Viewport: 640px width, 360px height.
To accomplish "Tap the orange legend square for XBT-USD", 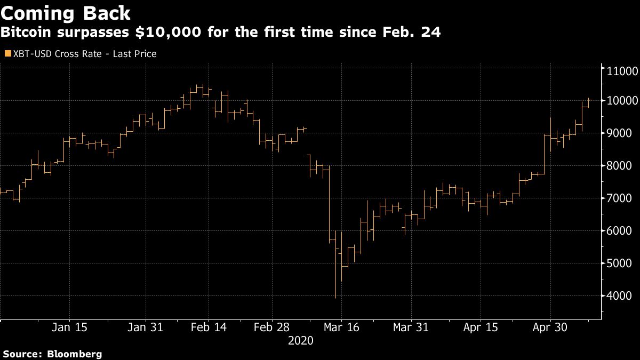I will point(7,54).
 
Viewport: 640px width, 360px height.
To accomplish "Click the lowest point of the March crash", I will point(335,298).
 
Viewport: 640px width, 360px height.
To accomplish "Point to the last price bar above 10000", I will point(589,100).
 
